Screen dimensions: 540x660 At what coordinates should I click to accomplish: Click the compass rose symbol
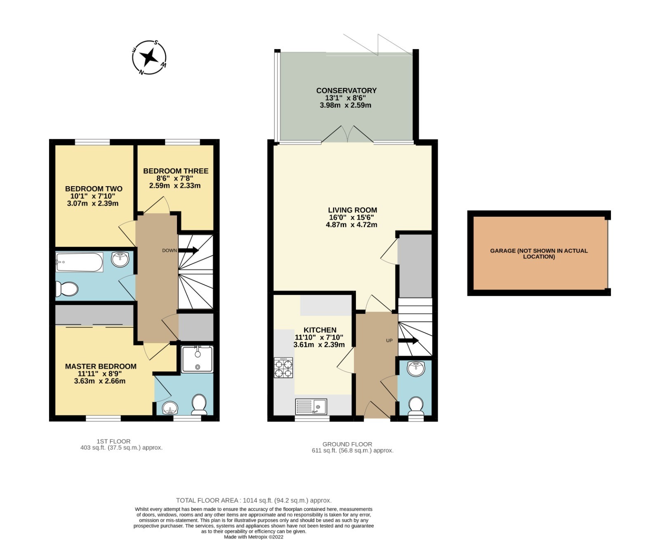pyautogui.click(x=149, y=58)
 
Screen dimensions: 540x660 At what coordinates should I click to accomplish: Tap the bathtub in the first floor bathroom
pyautogui.click(x=79, y=262)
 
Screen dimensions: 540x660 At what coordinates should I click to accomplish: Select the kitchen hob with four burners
pyautogui.click(x=283, y=368)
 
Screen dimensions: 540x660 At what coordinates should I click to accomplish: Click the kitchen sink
pyautogui.click(x=311, y=407)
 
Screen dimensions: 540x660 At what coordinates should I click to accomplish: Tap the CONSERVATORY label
pyautogui.click(x=346, y=90)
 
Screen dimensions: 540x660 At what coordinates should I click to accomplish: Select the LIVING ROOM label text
pyautogui.click(x=352, y=210)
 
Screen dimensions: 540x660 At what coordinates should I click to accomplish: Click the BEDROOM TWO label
pyautogui.click(x=94, y=189)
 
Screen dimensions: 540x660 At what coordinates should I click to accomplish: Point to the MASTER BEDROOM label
pyautogui.click(x=101, y=366)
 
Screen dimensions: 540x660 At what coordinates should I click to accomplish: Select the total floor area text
pyautogui.click(x=254, y=500)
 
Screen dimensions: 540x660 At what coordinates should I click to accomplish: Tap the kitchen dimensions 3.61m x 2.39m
pyautogui.click(x=319, y=345)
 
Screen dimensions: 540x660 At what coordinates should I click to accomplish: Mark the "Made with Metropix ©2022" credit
pyautogui.click(x=254, y=537)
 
